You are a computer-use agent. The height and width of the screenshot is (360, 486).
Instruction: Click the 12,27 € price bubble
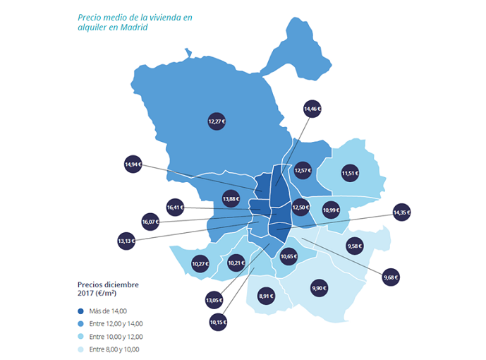click(217, 121)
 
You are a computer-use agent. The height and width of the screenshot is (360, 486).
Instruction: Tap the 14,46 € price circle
click(312, 109)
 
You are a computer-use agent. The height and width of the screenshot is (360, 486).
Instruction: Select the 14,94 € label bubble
click(133, 164)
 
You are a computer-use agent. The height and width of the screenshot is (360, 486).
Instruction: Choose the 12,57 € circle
click(303, 170)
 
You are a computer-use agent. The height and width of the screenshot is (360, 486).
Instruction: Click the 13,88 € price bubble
click(231, 199)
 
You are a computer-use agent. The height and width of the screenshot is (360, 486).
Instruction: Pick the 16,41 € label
click(176, 208)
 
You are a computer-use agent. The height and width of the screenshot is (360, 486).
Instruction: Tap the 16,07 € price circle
click(151, 221)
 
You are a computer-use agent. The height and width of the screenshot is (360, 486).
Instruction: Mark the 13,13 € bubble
click(126, 241)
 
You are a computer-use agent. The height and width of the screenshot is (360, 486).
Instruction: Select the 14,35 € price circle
click(401, 212)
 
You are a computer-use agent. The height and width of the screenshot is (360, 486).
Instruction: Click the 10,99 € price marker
click(331, 209)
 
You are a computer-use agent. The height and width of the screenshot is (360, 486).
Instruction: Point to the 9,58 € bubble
click(355, 246)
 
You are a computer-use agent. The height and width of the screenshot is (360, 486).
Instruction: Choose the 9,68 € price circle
click(391, 277)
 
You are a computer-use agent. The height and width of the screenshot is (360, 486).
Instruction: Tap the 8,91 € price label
click(266, 296)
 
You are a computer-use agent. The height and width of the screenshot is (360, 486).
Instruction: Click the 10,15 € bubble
click(219, 323)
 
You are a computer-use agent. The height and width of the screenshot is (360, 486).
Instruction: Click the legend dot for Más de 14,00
click(82, 311)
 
